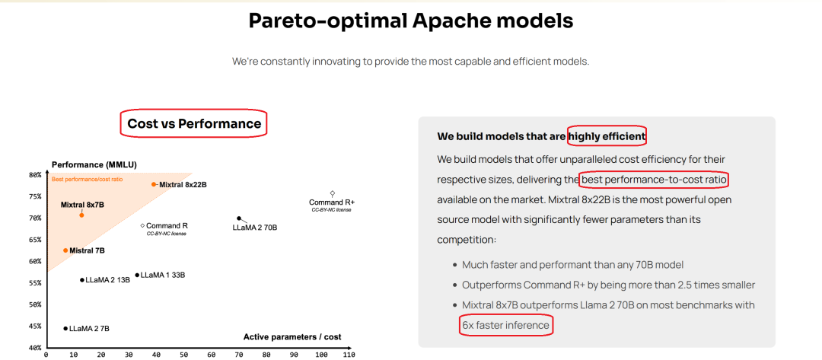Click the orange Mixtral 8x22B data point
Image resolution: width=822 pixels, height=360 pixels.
[154, 184]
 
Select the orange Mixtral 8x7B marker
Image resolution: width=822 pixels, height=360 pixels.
[81, 215]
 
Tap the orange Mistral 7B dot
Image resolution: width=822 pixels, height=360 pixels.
[65, 250]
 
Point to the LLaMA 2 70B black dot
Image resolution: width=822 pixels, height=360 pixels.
[239, 218]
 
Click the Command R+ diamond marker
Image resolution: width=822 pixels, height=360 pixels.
[332, 193]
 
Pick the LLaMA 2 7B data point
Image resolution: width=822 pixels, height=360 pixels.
[65, 329]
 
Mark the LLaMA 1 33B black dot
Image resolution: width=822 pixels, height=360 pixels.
[137, 275]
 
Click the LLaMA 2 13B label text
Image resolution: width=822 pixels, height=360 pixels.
[107, 280]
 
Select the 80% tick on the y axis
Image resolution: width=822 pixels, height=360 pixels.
[35, 175]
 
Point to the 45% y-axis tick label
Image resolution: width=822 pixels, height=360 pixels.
[35, 326]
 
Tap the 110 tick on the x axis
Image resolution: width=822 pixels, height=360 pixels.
[349, 355]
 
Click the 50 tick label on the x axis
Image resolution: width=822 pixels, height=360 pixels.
[183, 355]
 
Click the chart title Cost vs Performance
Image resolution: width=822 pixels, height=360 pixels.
[194, 123]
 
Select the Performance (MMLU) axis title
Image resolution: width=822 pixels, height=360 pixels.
[94, 164]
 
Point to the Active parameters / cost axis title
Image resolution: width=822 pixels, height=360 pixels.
[292, 337]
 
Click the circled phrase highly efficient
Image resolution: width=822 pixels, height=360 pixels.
[607, 137]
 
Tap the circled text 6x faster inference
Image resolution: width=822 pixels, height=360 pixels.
[506, 326]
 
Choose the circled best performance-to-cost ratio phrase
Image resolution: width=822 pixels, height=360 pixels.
[655, 180]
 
